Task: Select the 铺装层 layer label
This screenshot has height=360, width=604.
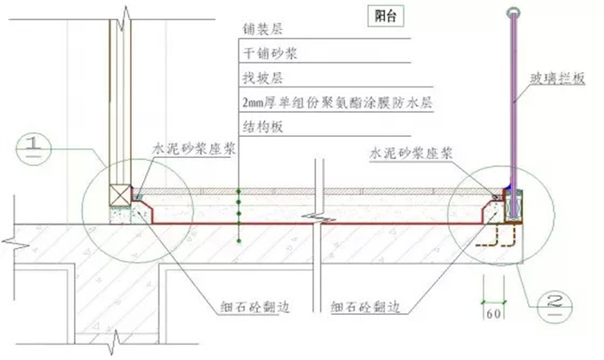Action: click(x=259, y=30)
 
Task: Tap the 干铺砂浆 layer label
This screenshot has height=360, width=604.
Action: click(x=268, y=54)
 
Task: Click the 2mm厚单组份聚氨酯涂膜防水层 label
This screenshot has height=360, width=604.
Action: click(x=339, y=103)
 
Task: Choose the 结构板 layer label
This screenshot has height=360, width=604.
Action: click(x=259, y=127)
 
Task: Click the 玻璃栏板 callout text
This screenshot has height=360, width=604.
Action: click(x=560, y=79)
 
